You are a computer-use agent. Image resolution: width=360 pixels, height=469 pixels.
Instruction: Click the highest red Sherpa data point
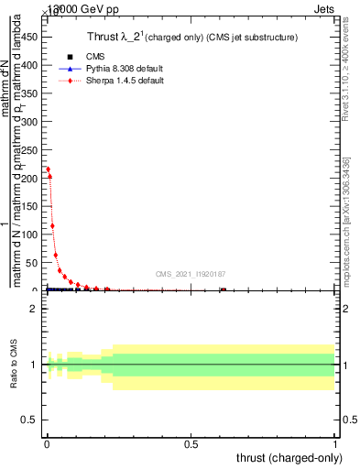[x=48, y=169]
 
